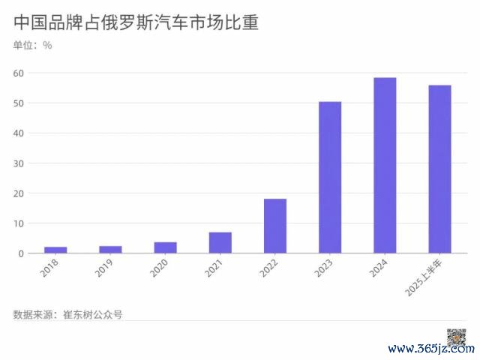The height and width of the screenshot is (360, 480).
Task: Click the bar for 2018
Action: point(55,250)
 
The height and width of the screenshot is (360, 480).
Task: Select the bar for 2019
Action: point(110,249)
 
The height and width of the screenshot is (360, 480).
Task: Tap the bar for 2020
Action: point(165,247)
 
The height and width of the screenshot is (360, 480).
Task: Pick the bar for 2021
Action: point(220,243)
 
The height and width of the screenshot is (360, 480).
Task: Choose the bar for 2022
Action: point(275,226)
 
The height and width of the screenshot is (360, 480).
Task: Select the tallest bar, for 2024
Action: point(385,166)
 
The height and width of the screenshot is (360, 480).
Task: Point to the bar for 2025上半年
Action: point(439,169)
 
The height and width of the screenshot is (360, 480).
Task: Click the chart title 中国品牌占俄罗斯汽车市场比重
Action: point(136,22)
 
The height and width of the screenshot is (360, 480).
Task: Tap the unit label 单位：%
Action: point(33,45)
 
